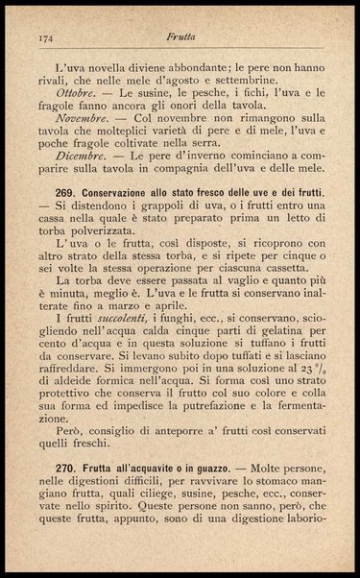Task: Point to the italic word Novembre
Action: click(82, 126)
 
